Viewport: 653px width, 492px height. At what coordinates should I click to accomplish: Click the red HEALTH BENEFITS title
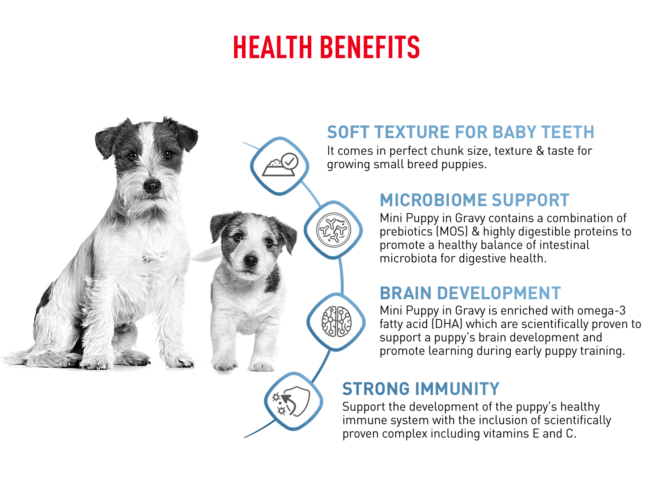coord(326,47)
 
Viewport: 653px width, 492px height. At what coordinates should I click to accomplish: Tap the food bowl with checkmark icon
coord(280,165)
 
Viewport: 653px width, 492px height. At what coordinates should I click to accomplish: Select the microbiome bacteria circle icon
coord(333,230)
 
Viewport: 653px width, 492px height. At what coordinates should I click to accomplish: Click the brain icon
coord(336,322)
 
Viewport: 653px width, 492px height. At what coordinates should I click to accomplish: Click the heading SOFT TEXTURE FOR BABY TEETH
coord(461,132)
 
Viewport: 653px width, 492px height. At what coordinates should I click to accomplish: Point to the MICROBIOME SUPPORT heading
coord(475,200)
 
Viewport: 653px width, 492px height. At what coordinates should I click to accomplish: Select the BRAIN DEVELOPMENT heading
coord(471,293)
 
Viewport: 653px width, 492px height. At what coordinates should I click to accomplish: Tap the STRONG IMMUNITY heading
coord(421,389)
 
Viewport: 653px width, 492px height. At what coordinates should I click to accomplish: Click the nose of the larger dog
coord(152,186)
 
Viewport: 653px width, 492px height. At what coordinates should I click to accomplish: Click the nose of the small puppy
coord(250,260)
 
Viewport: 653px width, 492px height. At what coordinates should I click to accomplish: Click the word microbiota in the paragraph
coord(408,258)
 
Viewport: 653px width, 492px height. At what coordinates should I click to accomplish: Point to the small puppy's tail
coord(206,254)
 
